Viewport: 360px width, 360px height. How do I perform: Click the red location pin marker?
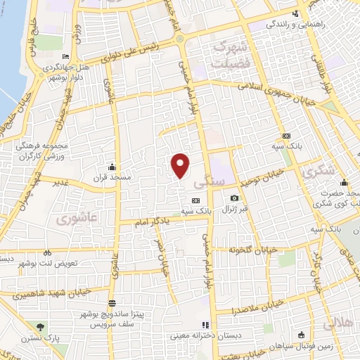[181, 165]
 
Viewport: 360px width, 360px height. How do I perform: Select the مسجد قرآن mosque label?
[111, 177]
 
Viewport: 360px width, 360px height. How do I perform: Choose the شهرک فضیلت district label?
[231, 53]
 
